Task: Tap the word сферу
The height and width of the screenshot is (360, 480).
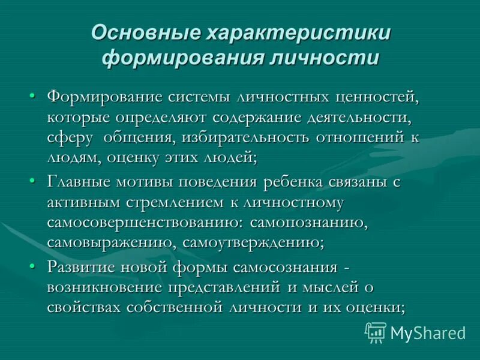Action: [x=70, y=137]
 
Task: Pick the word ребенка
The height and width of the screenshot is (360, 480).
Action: [x=296, y=181]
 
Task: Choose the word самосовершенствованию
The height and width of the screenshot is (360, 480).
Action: [x=143, y=222]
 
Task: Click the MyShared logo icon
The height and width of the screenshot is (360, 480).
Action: [x=376, y=331]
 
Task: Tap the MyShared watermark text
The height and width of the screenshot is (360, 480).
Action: [x=427, y=332]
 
